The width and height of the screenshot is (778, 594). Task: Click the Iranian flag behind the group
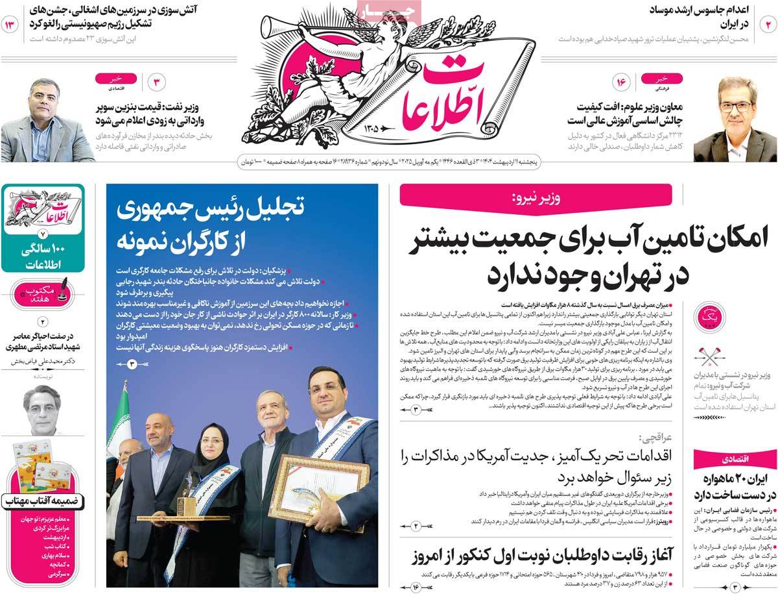pyautogui.click(x=120, y=422)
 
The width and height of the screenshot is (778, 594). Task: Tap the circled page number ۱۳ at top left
pyautogui.click(x=11, y=25)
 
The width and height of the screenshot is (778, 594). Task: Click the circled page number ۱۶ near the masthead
pyautogui.click(x=621, y=82)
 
